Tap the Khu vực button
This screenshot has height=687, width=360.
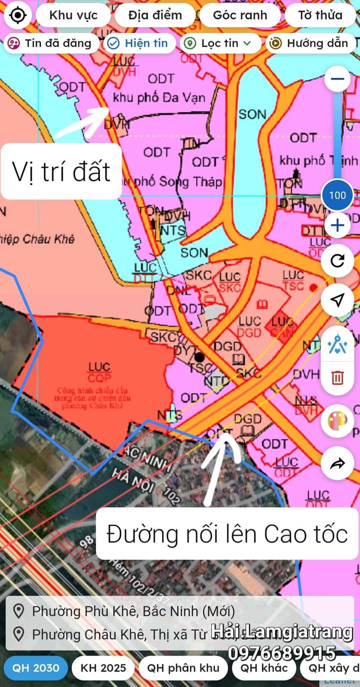point(73,15)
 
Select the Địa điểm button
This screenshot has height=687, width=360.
point(154,15)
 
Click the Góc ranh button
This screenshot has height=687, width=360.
point(240,15)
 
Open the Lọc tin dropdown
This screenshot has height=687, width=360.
point(220,43)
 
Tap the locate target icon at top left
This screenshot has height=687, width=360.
point(18,15)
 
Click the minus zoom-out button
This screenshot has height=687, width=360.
point(337,79)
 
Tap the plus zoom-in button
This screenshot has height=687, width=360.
point(337,226)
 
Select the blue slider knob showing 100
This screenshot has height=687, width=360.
point(337,194)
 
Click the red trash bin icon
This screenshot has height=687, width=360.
point(337,377)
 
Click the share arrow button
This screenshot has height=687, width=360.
point(337,463)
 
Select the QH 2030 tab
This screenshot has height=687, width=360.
point(35,668)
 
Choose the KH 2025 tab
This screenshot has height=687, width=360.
point(103,668)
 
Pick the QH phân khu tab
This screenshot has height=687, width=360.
point(183,668)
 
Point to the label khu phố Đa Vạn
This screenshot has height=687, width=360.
point(159,97)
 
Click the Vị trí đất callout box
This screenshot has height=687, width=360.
point(61,171)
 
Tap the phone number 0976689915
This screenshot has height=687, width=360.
point(281,653)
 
